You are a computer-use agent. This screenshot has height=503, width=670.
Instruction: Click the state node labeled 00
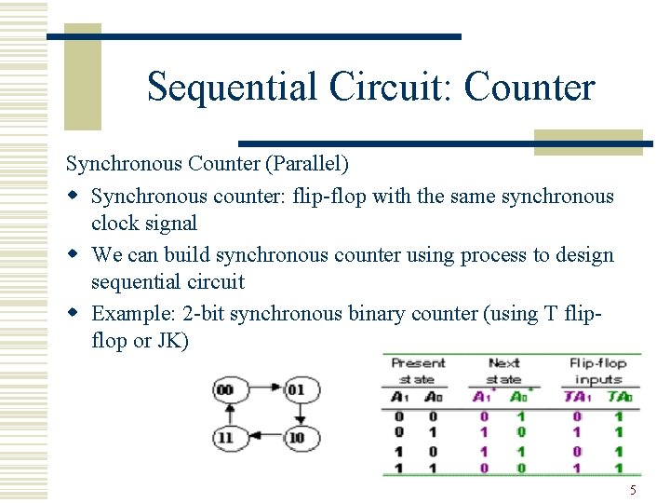tap(224, 388)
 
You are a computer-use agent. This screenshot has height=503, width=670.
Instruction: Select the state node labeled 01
tap(296, 388)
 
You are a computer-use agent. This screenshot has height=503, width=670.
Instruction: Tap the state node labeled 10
tap(296, 436)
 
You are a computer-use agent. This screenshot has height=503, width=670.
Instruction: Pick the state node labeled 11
tap(224, 436)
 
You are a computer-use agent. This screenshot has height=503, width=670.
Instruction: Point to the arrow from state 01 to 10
tap(296, 412)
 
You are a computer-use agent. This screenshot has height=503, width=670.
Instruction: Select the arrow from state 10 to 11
tap(260, 436)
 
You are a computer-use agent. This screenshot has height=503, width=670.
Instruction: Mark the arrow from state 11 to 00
tap(224, 412)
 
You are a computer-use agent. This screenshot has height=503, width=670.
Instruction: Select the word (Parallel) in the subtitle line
tap(305, 164)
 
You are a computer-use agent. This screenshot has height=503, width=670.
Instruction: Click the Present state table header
tap(418, 371)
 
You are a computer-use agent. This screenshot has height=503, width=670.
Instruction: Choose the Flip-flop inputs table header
tap(598, 371)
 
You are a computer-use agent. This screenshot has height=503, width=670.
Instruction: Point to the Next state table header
tap(503, 371)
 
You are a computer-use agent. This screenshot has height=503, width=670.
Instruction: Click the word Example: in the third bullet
tap(126, 313)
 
